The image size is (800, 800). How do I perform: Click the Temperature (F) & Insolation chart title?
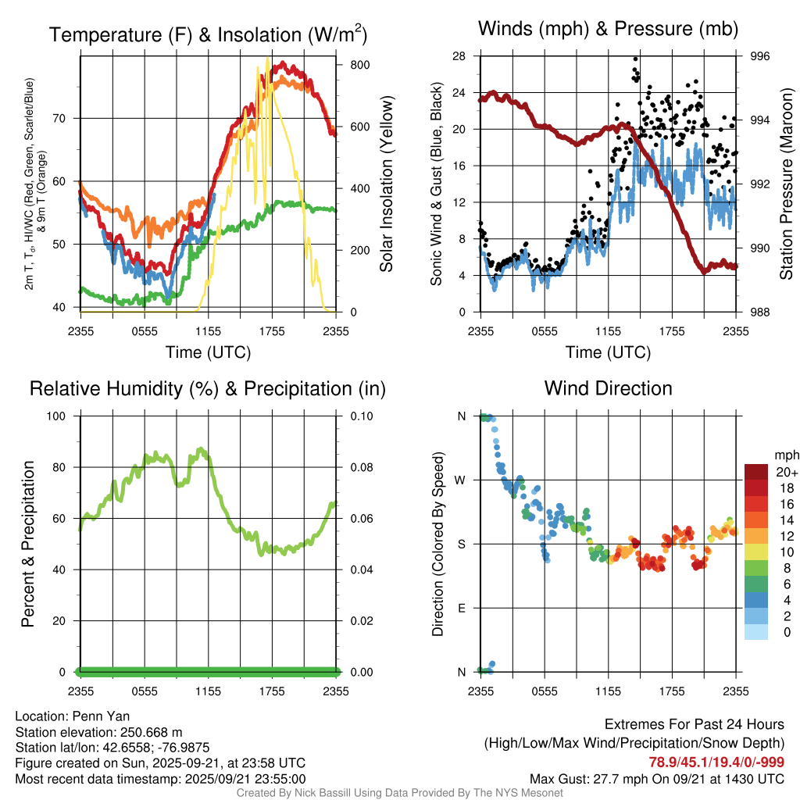(208, 35)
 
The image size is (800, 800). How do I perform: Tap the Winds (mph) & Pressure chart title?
(608, 29)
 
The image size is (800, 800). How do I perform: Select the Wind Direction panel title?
(608, 388)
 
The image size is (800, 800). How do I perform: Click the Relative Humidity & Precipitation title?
(208, 388)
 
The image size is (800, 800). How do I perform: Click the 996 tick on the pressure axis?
(760, 56)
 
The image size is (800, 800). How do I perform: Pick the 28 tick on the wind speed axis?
(459, 56)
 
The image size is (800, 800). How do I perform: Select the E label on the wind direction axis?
(461, 608)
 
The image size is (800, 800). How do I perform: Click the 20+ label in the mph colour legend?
(786, 472)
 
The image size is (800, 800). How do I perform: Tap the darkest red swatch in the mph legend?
(756, 472)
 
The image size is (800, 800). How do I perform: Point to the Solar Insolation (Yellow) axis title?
(387, 184)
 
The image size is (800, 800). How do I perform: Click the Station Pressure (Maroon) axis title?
(787, 184)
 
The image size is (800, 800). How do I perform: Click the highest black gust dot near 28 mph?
(636, 59)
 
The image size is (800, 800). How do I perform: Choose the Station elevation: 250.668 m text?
(98, 732)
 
